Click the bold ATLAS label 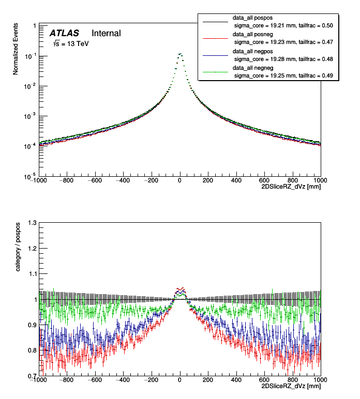click(x=64, y=33)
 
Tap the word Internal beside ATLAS click(x=106, y=33)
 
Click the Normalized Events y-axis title click(x=16, y=49)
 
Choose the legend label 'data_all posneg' click(x=256, y=34)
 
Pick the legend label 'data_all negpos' click(x=256, y=52)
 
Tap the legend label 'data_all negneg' click(x=256, y=68)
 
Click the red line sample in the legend click(x=215, y=38)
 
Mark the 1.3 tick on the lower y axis click(x=32, y=223)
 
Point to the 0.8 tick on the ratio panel click(x=32, y=350)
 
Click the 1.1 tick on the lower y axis click(x=32, y=274)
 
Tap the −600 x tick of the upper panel click(x=94, y=181)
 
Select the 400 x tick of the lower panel click(x=236, y=380)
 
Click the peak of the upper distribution click(x=179, y=53)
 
